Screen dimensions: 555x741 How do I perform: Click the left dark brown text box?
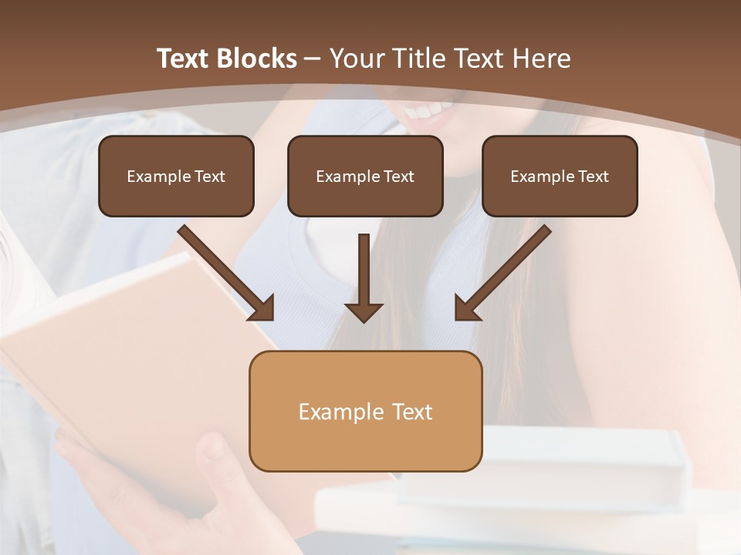[x=176, y=177]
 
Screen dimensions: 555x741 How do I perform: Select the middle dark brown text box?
[x=365, y=177]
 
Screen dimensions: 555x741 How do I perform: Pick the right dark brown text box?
[x=560, y=177]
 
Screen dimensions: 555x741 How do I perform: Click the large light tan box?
[x=365, y=412]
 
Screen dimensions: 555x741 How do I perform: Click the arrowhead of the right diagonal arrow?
[x=467, y=308]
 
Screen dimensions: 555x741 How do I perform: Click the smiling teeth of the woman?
[x=429, y=113]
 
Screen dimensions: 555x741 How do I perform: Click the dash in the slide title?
[x=313, y=59]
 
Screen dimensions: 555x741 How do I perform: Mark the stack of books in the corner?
[x=540, y=493]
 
